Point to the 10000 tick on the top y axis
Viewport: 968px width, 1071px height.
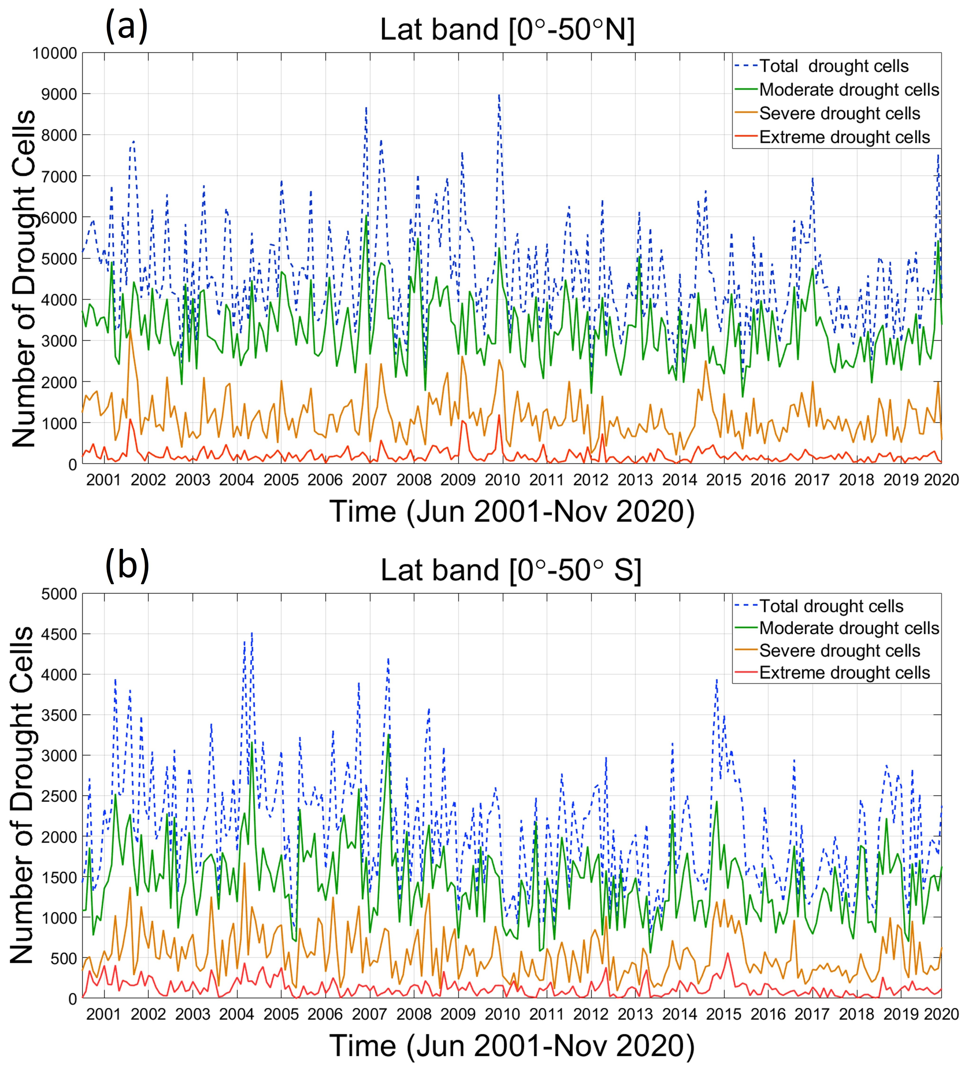click(x=55, y=53)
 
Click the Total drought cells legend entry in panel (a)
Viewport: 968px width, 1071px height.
click(x=834, y=66)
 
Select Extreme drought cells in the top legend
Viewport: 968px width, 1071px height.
click(x=844, y=138)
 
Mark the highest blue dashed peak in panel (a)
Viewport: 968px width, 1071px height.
click(x=499, y=96)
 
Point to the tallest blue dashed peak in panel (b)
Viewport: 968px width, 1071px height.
click(x=252, y=633)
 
